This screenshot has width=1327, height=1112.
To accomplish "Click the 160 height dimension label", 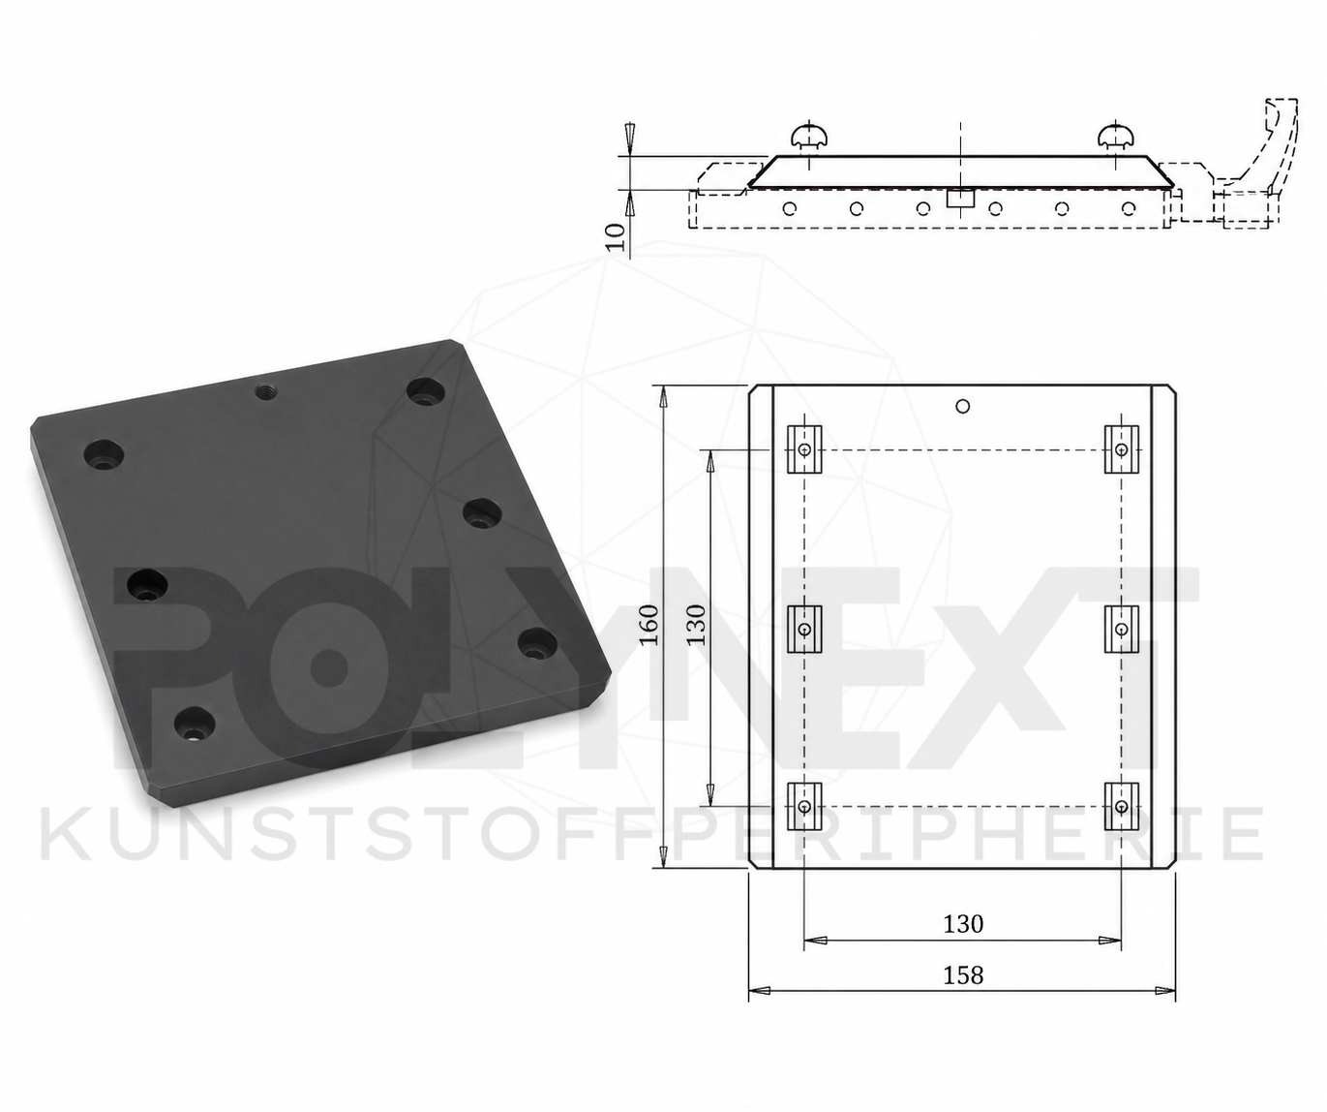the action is pyautogui.click(x=648, y=626).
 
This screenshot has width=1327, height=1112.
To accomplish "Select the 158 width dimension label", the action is pyautogui.click(x=963, y=974).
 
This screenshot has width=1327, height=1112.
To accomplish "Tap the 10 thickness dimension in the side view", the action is pyautogui.click(x=616, y=236).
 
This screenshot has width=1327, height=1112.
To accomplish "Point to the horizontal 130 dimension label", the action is pyautogui.click(x=963, y=923).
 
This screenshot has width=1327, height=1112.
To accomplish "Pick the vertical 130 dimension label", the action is pyautogui.click(x=697, y=626).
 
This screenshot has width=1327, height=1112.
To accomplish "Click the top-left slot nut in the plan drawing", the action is pyautogui.click(x=804, y=449).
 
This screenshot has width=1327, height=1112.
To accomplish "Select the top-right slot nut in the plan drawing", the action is pyautogui.click(x=1121, y=449).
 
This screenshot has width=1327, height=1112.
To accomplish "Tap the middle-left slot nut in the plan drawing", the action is pyautogui.click(x=804, y=629).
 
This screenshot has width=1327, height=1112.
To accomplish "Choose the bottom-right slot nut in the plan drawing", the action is pyautogui.click(x=1121, y=807).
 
